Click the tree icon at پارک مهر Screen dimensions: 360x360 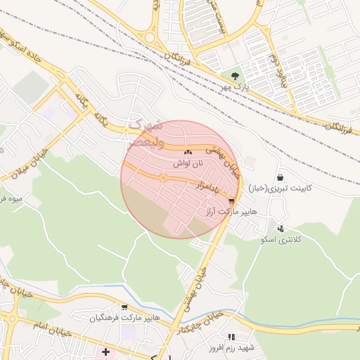click(x=234, y=75)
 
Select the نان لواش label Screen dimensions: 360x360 click(x=188, y=163)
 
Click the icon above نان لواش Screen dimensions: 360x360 click(x=188, y=152)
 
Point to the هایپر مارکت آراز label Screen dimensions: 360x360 click(x=231, y=212)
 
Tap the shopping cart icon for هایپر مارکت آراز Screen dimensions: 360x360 click(x=232, y=200)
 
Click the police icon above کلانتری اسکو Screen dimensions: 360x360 click(x=281, y=229)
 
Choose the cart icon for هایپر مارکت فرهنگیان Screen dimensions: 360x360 click(x=124, y=307)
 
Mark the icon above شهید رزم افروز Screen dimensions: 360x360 click(x=231, y=337)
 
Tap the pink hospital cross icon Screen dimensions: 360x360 click(x=105, y=352)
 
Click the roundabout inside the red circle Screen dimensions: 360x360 click(x=163, y=178)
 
